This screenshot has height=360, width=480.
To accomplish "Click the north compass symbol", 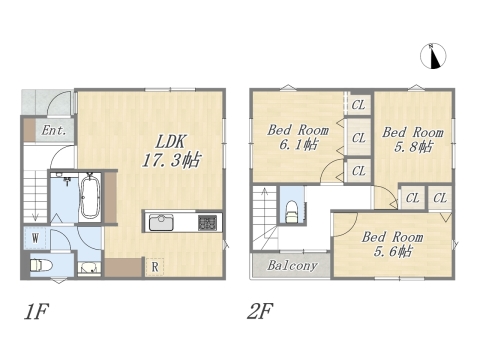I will (x=434, y=57).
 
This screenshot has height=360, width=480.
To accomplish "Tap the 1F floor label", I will (x=37, y=311).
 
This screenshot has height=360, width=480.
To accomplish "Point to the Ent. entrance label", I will (x=52, y=130).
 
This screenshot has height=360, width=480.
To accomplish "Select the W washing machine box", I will (x=34, y=238).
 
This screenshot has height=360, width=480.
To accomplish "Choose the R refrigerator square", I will (x=156, y=266).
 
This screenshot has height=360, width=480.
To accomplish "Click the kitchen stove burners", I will (x=207, y=222).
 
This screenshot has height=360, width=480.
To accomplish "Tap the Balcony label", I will (x=292, y=266).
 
